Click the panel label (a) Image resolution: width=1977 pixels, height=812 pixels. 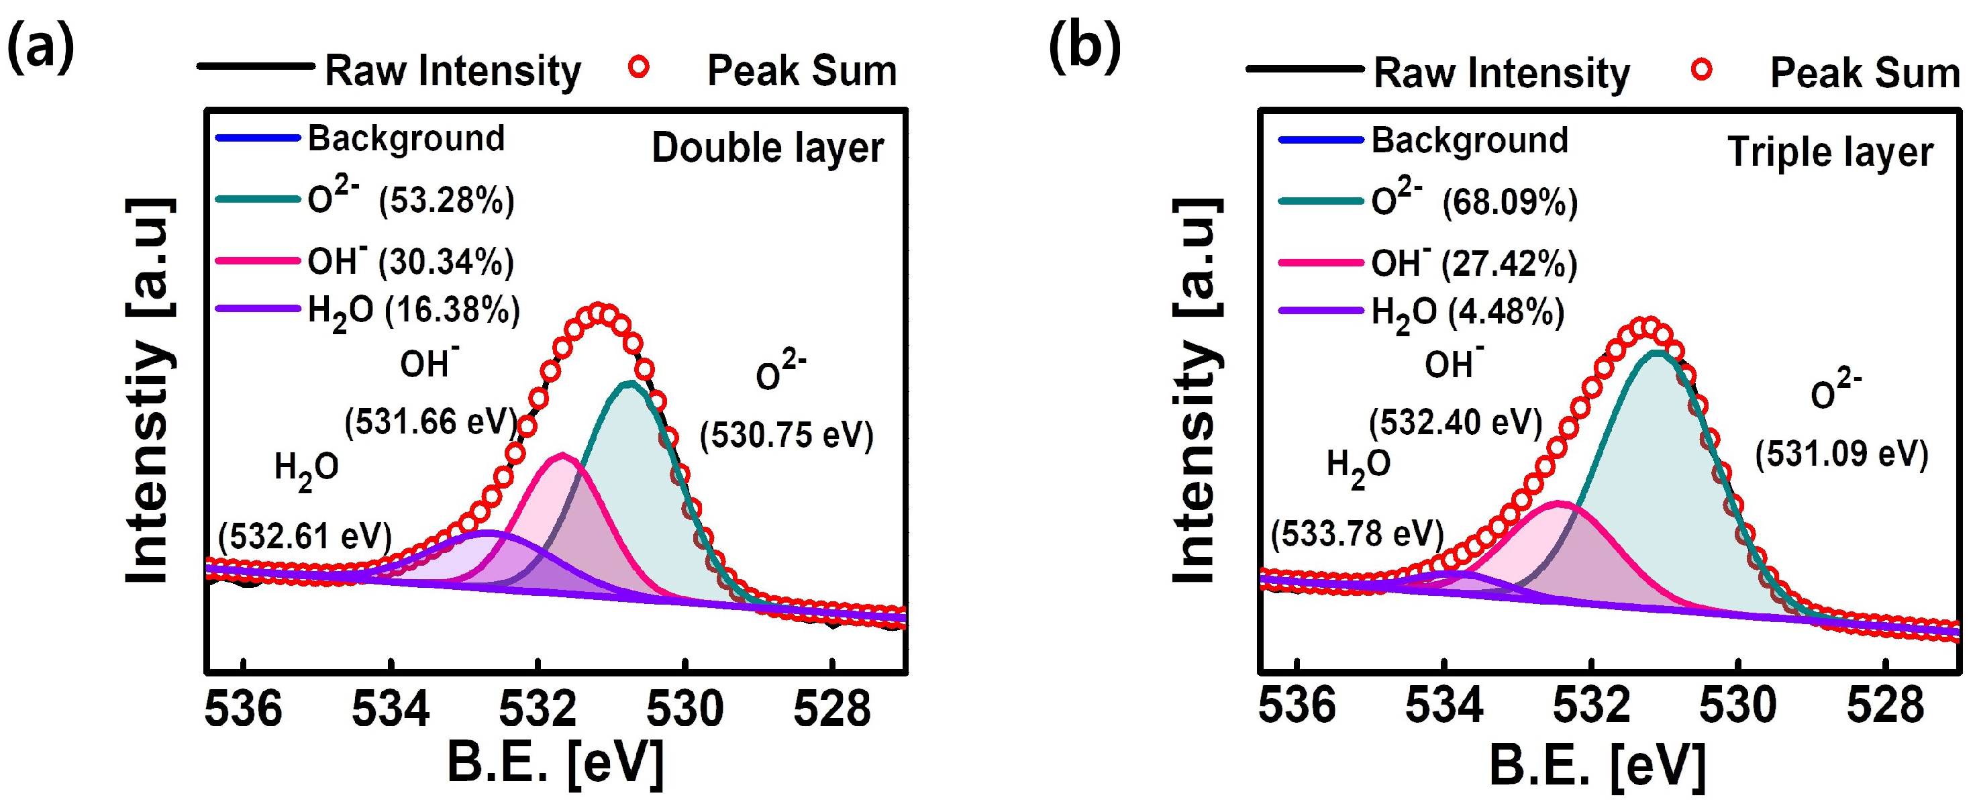pyautogui.click(x=40, y=48)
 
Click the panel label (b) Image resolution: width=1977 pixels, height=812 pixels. pyautogui.click(x=1084, y=48)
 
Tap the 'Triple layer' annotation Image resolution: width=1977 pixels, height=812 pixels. pyautogui.click(x=1829, y=152)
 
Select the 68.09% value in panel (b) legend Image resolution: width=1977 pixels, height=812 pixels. pyautogui.click(x=1510, y=203)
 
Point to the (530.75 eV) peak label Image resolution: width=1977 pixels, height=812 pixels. pyautogui.click(x=786, y=435)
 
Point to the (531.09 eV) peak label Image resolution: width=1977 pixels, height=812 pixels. pyautogui.click(x=1841, y=454)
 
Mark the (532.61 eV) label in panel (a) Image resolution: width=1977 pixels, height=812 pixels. pyautogui.click(x=305, y=535)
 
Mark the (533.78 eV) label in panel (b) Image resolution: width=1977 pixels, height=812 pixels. pyautogui.click(x=1357, y=533)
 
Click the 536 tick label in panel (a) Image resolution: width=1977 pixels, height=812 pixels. pyautogui.click(x=244, y=709)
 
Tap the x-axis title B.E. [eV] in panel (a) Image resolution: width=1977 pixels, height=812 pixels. pyautogui.click(x=555, y=764)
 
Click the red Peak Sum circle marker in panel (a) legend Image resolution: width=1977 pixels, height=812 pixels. pyautogui.click(x=639, y=68)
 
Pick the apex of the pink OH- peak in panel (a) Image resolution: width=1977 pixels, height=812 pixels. pyautogui.click(x=563, y=455)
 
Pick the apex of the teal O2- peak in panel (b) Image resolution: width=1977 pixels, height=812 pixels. pyautogui.click(x=1658, y=353)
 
